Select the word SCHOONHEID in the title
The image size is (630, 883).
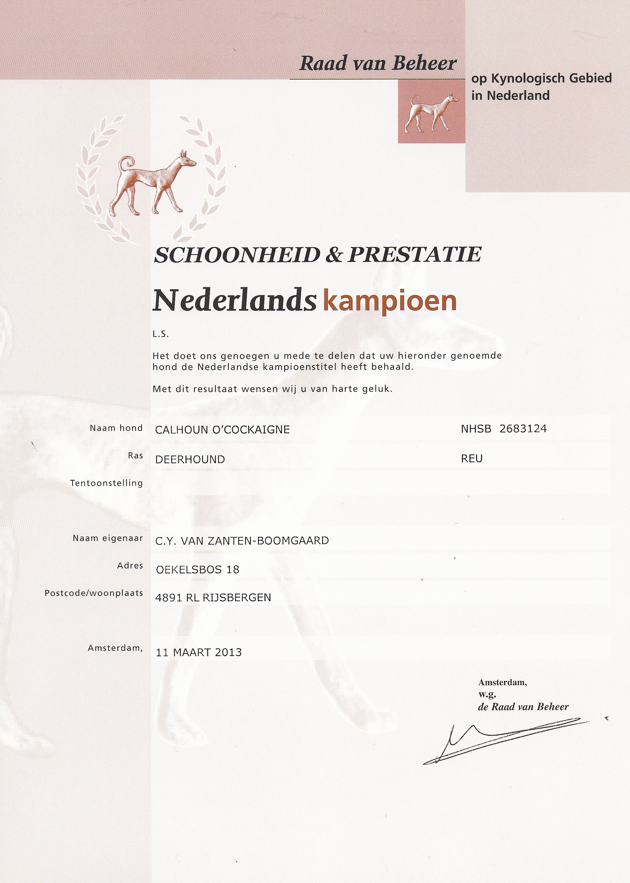click(237, 255)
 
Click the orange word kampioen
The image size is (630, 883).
click(390, 301)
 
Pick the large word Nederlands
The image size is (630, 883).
click(234, 301)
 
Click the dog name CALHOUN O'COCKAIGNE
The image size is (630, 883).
click(222, 430)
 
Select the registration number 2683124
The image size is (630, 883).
click(523, 429)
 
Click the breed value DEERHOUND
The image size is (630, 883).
click(190, 459)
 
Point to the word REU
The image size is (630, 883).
click(472, 459)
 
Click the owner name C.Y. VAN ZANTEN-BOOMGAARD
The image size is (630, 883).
click(242, 541)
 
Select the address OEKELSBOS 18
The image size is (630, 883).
click(197, 569)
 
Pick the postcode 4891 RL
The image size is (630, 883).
click(177, 598)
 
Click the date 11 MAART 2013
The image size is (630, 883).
click(199, 652)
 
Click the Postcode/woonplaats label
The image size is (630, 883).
click(94, 593)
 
